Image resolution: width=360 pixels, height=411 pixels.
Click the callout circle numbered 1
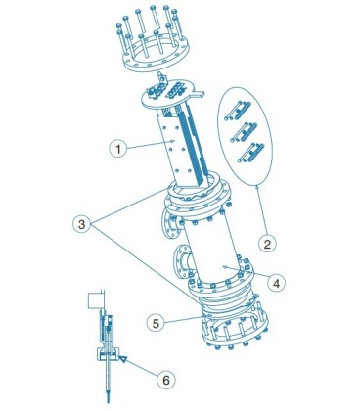118,149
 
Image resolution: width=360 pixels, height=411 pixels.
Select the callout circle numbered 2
267,244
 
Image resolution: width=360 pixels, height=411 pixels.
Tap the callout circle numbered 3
81,224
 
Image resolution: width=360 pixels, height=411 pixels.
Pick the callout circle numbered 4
276,283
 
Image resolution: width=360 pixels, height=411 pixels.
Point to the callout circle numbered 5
156,323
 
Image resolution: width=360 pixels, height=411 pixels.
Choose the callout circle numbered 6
166,380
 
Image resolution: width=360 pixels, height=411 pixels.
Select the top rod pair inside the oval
237,111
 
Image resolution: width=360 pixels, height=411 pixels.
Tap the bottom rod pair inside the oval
250,153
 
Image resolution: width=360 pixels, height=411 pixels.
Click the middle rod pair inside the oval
244,132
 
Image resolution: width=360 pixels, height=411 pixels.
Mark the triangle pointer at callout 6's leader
122,359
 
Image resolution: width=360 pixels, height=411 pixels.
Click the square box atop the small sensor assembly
96,300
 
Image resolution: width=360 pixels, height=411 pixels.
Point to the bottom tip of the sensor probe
109,402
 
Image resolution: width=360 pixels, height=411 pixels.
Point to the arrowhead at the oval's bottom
257,187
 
